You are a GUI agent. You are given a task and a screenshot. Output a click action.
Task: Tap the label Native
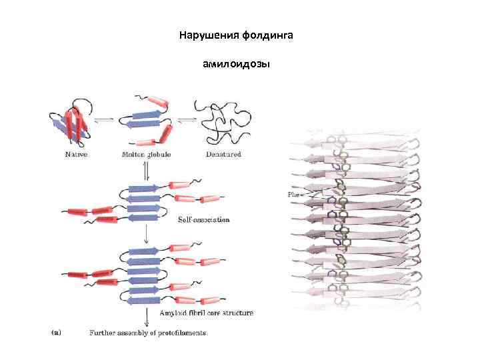(x=76, y=155)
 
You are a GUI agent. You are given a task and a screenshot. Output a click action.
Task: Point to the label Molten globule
(x=146, y=155)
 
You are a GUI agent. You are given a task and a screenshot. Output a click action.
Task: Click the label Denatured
(x=223, y=155)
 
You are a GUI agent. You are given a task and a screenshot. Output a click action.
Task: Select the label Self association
(x=203, y=219)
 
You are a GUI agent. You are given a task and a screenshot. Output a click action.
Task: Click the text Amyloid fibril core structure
(x=205, y=312)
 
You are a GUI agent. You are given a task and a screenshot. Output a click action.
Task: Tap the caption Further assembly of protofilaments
(x=148, y=332)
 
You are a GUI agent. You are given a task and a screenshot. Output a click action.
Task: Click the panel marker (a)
(x=57, y=332)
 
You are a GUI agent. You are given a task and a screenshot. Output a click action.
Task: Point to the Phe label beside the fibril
(x=294, y=194)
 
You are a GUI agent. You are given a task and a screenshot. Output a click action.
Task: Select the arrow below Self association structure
(x=146, y=235)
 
